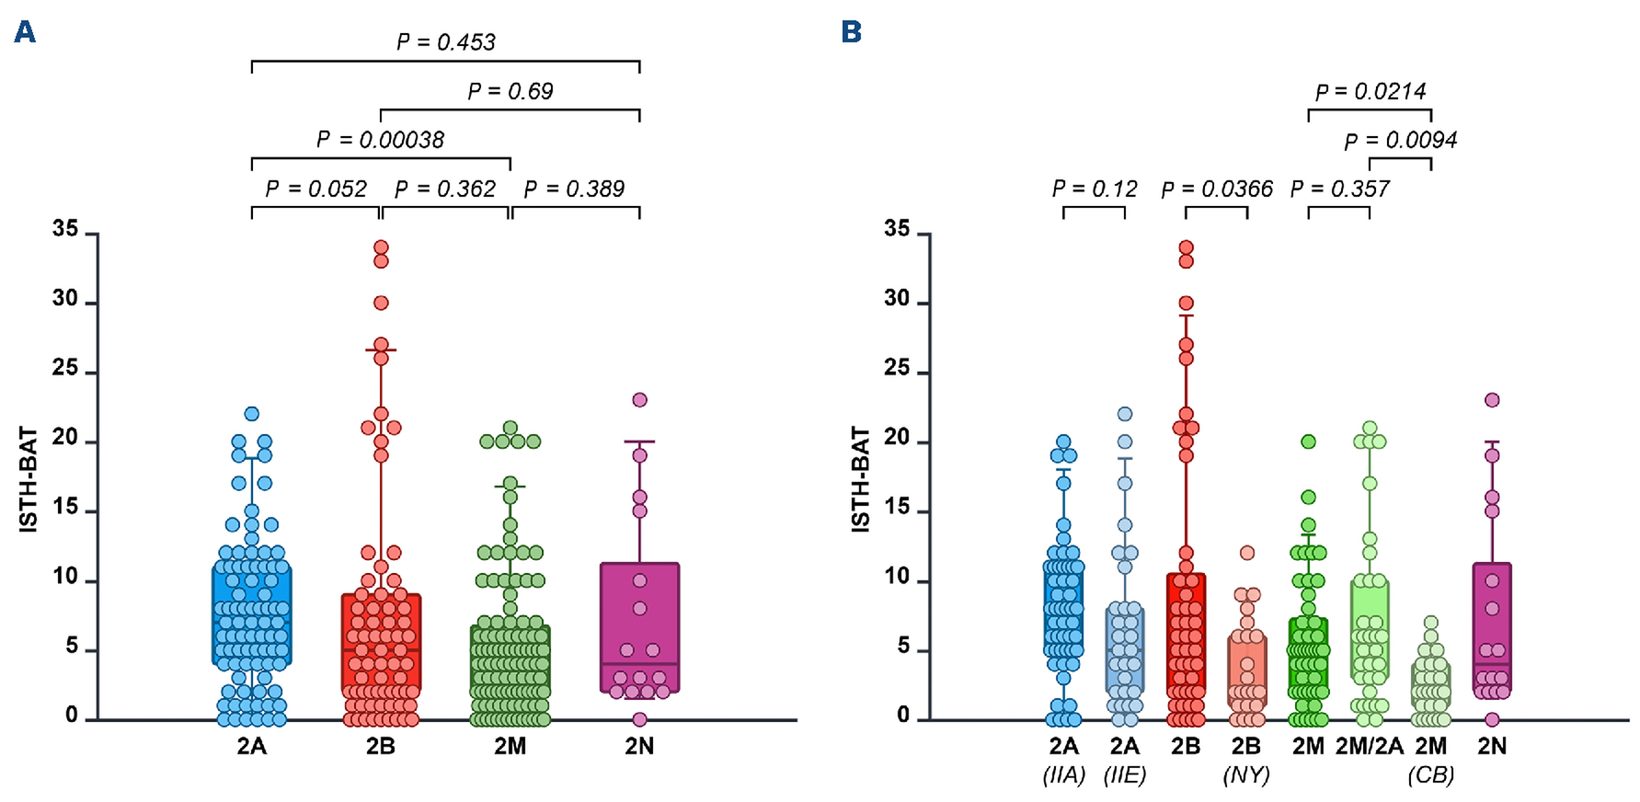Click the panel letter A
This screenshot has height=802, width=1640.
[x=25, y=32]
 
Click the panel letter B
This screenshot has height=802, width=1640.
[x=851, y=32]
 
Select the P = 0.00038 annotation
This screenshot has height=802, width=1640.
[x=380, y=140]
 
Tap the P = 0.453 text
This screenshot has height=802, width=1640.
[x=445, y=43]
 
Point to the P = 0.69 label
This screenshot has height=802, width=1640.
[x=510, y=91]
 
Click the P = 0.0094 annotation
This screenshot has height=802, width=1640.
[x=1400, y=140]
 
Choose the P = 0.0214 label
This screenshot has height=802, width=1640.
[x=1370, y=91]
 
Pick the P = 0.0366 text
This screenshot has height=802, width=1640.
[x=1217, y=188]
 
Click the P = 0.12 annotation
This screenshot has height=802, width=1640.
[x=1094, y=188]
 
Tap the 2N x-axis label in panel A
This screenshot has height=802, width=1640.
[x=639, y=747]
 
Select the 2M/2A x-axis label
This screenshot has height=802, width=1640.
[x=1369, y=747]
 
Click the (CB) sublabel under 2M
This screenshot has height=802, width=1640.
[x=1431, y=776]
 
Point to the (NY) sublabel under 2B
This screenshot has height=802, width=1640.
[x=1246, y=776]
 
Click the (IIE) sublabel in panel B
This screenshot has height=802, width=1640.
[x=1124, y=776]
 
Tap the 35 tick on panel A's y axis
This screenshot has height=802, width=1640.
[x=65, y=229]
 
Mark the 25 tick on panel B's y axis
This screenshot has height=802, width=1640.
[x=897, y=369]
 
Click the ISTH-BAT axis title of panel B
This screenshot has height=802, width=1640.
[x=861, y=480]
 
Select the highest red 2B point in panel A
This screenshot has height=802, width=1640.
[x=381, y=248]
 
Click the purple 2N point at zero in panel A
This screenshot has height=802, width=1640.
[x=639, y=719]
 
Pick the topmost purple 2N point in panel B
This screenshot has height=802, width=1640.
[x=1492, y=400]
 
